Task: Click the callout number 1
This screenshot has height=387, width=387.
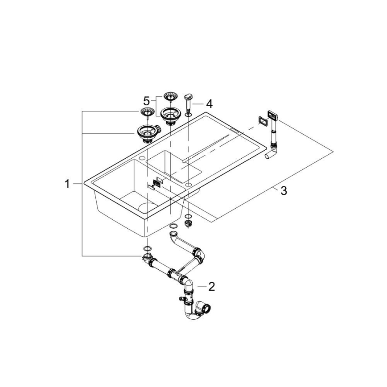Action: pos(67,183)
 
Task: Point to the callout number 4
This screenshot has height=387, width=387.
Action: pos(209,103)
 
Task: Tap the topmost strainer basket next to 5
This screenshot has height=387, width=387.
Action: pos(170,97)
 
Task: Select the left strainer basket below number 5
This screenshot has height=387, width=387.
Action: pos(147,112)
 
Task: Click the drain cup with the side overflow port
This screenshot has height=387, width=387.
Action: pos(145,132)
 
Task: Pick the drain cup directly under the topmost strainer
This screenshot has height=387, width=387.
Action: pos(170,115)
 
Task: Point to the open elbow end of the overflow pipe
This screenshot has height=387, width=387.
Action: pos(269,156)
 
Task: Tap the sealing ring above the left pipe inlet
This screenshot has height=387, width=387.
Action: pos(147,247)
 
